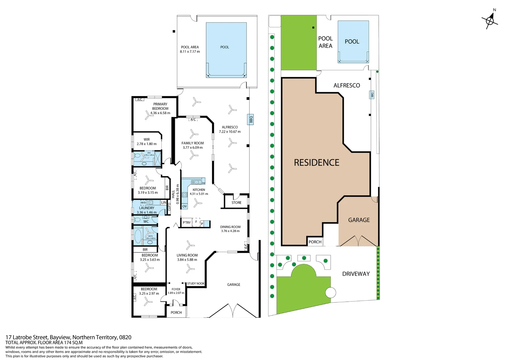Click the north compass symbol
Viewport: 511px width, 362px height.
490,21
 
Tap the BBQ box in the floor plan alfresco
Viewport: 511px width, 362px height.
251,119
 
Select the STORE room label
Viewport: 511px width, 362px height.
236,203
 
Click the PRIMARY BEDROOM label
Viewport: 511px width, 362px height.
160,106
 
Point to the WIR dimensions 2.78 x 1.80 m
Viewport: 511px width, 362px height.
146,144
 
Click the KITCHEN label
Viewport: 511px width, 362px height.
199,190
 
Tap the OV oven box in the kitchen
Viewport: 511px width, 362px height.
185,206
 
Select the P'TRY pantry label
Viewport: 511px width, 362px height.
187,223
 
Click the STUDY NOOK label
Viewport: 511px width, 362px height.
196,284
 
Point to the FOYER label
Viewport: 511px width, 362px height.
176,289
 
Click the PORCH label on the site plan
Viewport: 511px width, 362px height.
315,242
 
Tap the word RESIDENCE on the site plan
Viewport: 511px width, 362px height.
316,163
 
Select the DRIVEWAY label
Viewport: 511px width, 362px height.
356,274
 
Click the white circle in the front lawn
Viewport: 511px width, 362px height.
330,293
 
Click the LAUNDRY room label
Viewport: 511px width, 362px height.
146,208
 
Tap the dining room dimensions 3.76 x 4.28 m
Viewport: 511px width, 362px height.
230,231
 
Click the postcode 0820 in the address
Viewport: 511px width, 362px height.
125,337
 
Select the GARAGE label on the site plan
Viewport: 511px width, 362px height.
359,220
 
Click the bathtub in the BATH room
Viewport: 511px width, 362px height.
138,236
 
